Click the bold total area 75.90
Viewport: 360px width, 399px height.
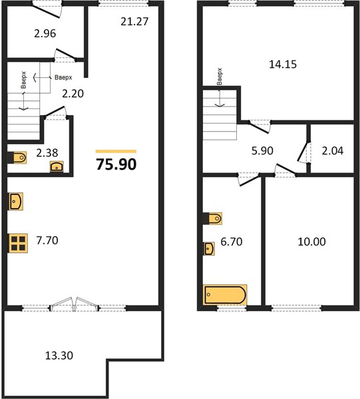[x=116, y=164]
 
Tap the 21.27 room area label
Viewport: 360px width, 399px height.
[x=134, y=21]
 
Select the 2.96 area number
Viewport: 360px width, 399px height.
[x=45, y=33]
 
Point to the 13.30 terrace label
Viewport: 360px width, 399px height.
[x=59, y=355]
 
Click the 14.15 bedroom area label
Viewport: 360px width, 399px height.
[x=283, y=64]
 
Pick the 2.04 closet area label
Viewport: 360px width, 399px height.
[x=333, y=151]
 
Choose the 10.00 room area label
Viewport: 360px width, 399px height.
[x=311, y=241]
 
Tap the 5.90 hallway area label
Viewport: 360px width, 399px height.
[x=262, y=151]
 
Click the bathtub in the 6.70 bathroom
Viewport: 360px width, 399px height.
[x=225, y=295]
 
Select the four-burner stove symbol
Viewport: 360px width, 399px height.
[x=18, y=243]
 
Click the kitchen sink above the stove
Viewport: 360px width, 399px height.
[x=16, y=201]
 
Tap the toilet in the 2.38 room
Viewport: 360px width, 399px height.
[x=17, y=158]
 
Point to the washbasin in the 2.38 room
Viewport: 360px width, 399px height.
[x=57, y=167]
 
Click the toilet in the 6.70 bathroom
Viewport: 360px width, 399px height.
[x=212, y=218]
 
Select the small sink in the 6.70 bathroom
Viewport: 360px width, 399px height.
[x=209, y=248]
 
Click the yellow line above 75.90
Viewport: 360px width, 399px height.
[x=116, y=152]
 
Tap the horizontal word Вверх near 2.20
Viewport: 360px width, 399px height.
[x=63, y=77]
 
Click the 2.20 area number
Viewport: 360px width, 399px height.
[x=73, y=94]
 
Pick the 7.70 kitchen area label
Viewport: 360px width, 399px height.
[x=47, y=240]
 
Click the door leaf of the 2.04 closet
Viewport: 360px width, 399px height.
[x=303, y=151]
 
